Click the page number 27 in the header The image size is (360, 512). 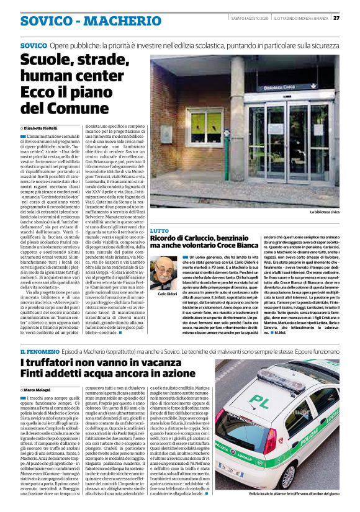pyautogui.click(x=353, y=17)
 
